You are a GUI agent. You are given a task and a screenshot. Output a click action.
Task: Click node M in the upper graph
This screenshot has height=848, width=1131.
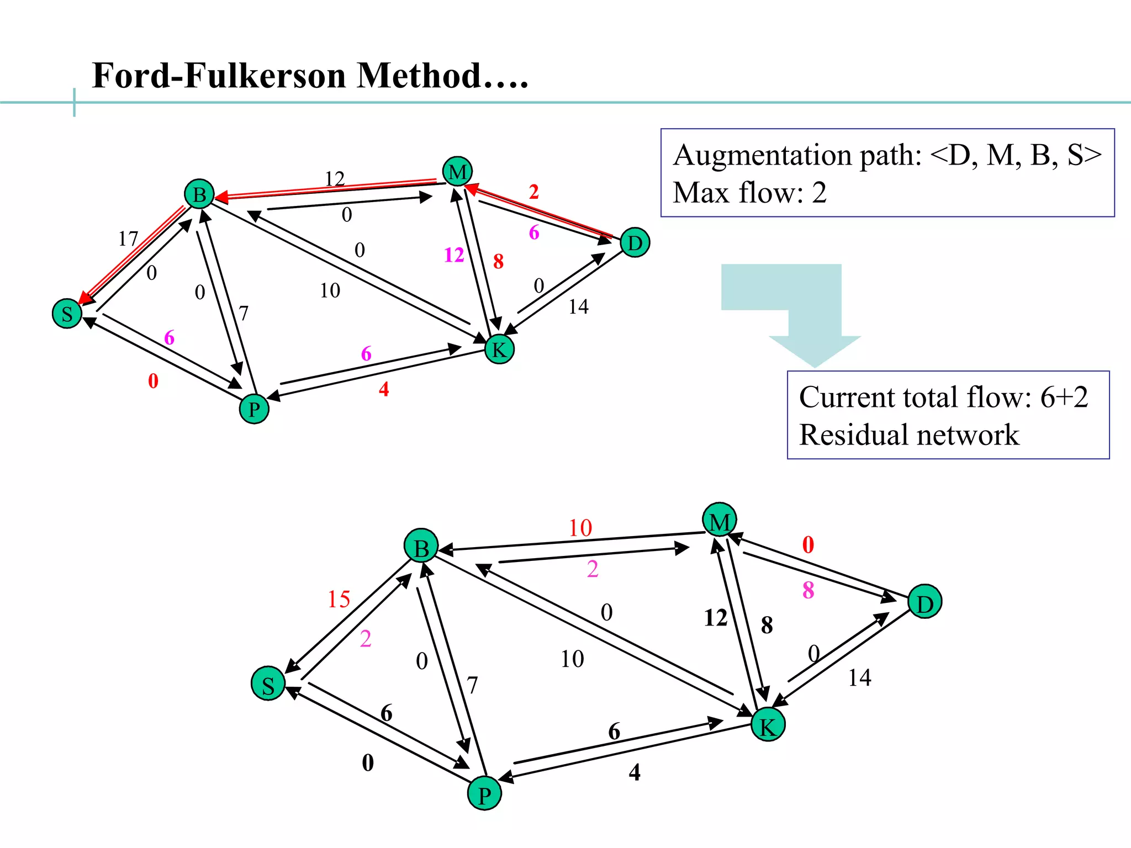click(x=457, y=172)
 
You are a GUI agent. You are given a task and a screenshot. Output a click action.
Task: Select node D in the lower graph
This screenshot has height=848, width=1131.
click(x=924, y=602)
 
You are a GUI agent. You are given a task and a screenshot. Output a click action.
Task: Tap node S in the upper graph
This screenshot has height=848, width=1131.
click(x=67, y=314)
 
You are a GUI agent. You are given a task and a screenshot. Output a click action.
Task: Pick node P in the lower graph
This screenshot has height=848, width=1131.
click(x=484, y=794)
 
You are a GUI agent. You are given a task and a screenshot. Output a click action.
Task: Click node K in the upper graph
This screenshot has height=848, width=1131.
click(x=499, y=349)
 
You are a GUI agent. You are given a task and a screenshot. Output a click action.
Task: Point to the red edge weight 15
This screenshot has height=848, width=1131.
click(x=339, y=599)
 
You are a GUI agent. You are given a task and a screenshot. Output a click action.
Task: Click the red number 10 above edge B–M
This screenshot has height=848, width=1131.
click(x=580, y=528)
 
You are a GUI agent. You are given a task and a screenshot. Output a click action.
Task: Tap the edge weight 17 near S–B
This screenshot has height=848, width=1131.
click(x=128, y=239)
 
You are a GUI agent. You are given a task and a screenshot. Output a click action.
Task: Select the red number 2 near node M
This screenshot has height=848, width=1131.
click(x=533, y=192)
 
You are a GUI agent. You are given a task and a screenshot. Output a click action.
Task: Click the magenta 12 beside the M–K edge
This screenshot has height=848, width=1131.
click(x=454, y=255)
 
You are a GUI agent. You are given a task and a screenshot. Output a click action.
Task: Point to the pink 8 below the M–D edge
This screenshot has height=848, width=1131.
click(x=808, y=590)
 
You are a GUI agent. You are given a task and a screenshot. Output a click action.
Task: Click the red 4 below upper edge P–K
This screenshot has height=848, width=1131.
click(x=384, y=389)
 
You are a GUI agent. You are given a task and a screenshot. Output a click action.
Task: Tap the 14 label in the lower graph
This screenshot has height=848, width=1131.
click(x=859, y=678)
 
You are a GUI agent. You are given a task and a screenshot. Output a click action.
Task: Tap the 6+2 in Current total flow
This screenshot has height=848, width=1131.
click(x=1064, y=397)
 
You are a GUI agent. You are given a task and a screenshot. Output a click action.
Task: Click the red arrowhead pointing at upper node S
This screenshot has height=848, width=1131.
click(x=84, y=299)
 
